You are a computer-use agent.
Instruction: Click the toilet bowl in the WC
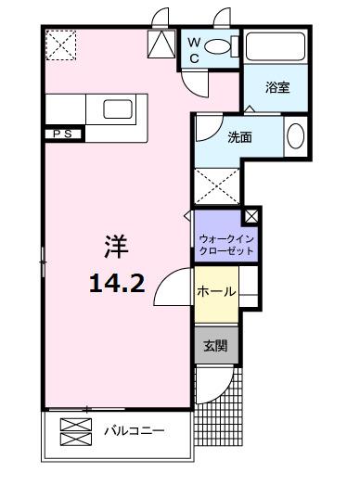pos(218,46)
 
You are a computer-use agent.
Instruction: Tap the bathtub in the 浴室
pos(276,46)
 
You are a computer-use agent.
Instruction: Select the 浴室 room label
pos(277,87)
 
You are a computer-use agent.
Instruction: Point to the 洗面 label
pos(239,137)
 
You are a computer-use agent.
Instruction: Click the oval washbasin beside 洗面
pos(296,136)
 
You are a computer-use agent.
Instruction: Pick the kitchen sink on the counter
pos(118,108)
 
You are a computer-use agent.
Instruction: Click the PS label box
pos(63,134)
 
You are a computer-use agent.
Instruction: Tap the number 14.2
pos(117,284)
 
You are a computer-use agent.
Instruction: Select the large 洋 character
pos(116,247)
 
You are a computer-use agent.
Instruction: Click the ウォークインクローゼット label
pos(226,245)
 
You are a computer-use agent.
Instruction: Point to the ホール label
pos(216,291)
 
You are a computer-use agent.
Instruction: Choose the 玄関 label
pos(216,346)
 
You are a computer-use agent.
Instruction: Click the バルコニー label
pos(135,430)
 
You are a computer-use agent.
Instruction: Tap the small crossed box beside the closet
pos(251,216)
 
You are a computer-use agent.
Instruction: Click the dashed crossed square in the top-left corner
pos(61,45)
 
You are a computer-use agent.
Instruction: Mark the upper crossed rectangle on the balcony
pos(76,425)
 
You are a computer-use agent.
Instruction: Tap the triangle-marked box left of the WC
pos(161,45)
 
